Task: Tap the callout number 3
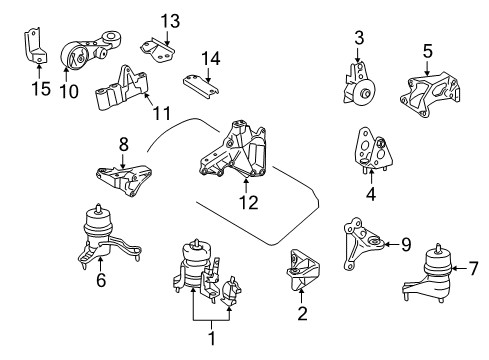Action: click(359, 40)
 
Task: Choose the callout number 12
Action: click(247, 203)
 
